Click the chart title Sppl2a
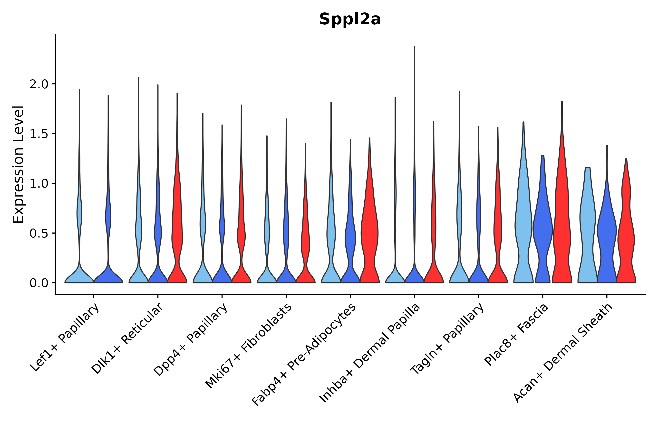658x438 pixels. point(350,19)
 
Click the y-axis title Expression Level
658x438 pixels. point(19,164)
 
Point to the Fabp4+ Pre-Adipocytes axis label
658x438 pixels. point(304,355)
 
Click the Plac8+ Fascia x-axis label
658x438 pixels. point(516,334)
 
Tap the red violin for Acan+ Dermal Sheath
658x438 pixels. point(626,237)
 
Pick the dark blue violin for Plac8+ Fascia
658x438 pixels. point(542,232)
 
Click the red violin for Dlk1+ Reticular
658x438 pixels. point(177,237)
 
